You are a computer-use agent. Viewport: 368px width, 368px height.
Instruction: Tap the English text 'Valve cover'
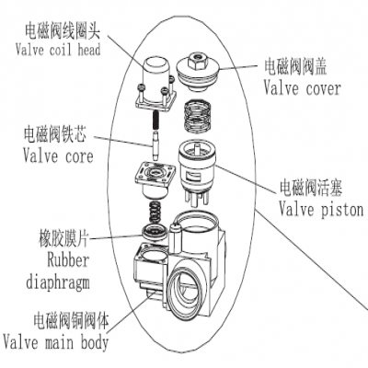[x=301, y=88]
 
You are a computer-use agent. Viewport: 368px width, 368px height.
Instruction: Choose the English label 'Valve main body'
[x=55, y=343]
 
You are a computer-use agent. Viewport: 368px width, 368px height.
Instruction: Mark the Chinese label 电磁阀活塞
[x=316, y=188]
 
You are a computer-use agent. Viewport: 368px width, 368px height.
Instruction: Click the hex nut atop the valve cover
[x=197, y=60]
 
